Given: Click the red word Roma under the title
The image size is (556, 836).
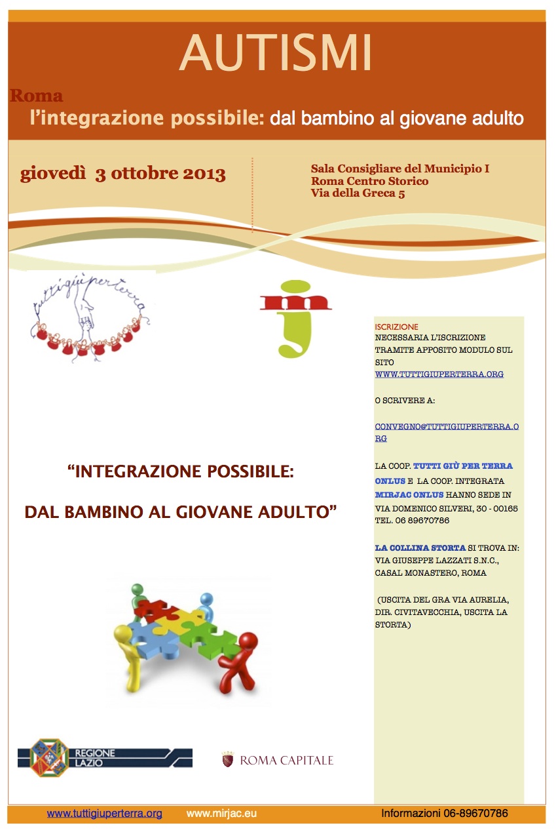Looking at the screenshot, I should coord(37,96).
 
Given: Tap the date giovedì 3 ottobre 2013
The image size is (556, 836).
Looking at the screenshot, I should coord(123,174).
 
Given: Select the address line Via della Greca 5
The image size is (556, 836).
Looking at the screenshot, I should coord(358,193).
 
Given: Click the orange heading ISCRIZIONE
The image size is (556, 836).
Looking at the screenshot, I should coord(396,327).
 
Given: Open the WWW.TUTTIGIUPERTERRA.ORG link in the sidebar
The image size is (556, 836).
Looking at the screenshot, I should coord(439,374).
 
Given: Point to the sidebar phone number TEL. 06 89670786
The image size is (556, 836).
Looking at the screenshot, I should coord(412,521).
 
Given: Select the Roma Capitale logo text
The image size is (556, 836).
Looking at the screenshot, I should coord(286,761).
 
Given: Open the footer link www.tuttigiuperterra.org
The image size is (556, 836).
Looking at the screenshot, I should coord(105,814).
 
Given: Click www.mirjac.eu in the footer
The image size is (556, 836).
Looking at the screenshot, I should coord(213,814).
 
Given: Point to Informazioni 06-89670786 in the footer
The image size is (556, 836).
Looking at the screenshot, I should coord(445,814).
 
